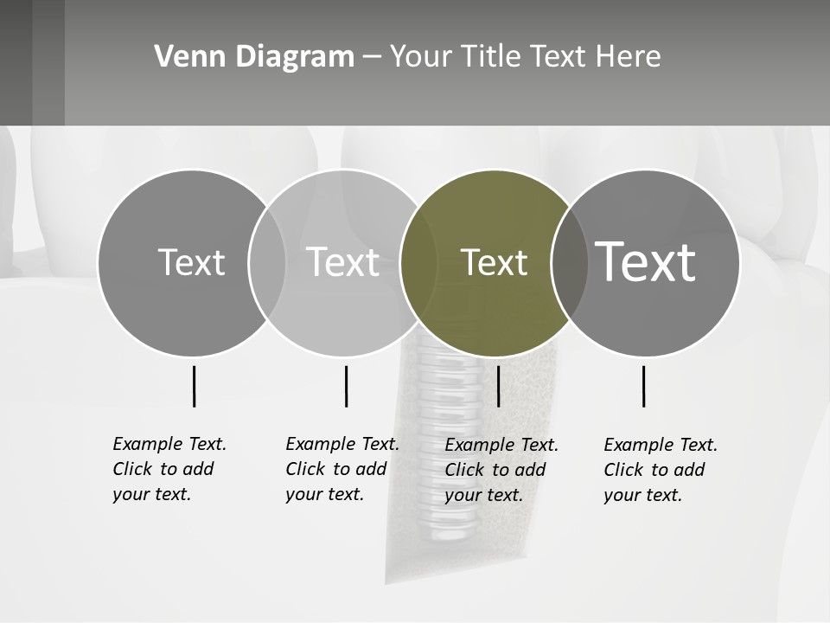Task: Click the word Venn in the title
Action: click(x=180, y=57)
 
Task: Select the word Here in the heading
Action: click(x=628, y=57)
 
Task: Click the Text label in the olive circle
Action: click(x=494, y=263)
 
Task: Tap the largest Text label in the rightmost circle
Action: click(x=645, y=262)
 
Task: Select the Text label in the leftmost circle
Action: click(x=191, y=263)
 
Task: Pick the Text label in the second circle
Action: click(x=342, y=262)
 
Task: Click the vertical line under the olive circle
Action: click(x=498, y=386)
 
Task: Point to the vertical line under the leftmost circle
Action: click(x=194, y=386)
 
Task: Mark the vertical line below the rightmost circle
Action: click(x=643, y=386)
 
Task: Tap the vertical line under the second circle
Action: click(x=346, y=386)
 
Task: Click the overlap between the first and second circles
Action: click(x=267, y=263)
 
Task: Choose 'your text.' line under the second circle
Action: click(x=325, y=494)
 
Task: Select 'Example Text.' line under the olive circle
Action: click(x=501, y=445)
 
